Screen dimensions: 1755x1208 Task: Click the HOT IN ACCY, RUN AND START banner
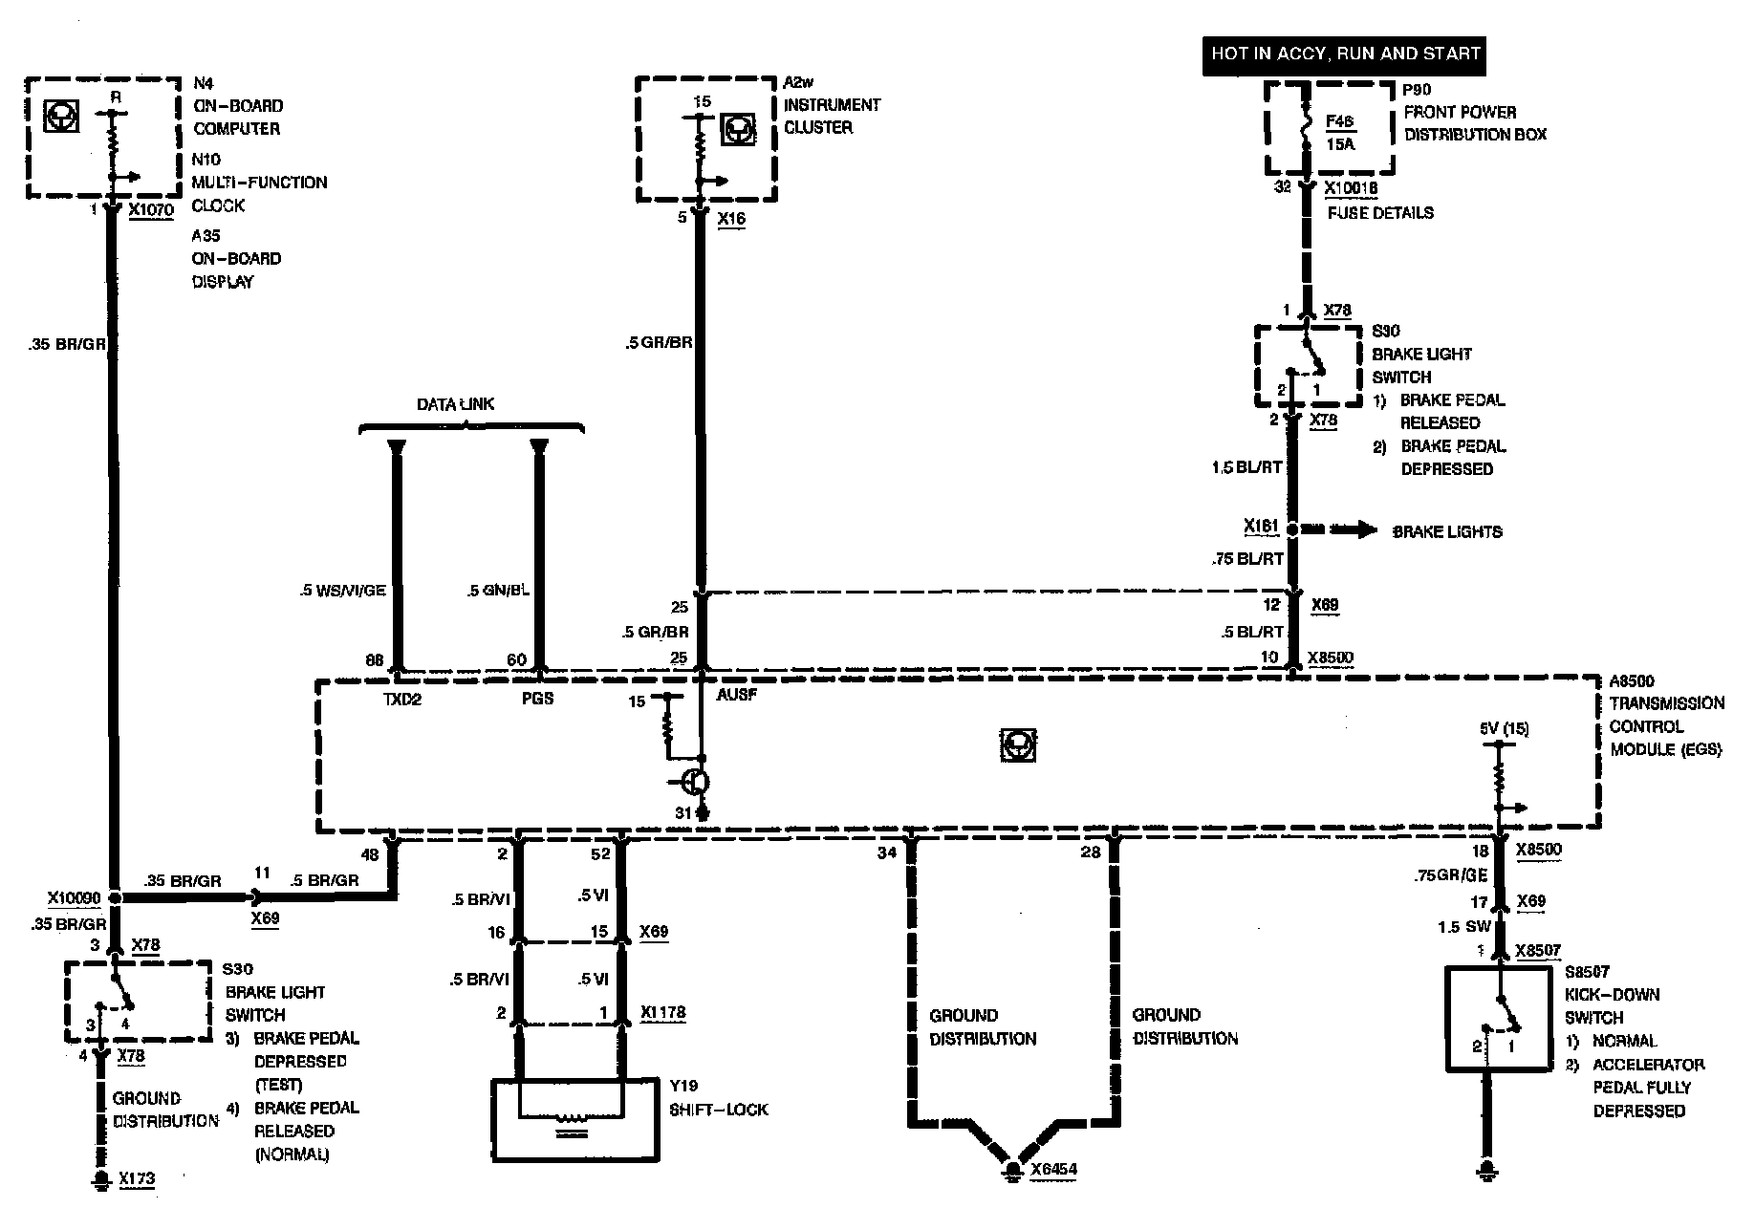click(x=1345, y=54)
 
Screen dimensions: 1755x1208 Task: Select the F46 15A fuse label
click(x=1340, y=133)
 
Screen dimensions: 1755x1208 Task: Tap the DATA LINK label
click(x=455, y=404)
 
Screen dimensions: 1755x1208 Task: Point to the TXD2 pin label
click(x=402, y=699)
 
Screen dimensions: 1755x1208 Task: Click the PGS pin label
click(x=537, y=699)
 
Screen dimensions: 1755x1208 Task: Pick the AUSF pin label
click(x=736, y=695)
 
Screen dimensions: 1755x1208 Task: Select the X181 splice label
click(x=1262, y=527)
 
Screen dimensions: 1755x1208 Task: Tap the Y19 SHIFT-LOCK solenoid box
click(x=574, y=1119)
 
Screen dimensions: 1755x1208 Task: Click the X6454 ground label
click(x=1054, y=1170)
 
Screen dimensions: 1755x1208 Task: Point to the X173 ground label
click(x=137, y=1179)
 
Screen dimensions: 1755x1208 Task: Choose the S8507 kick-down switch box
click(x=1498, y=1019)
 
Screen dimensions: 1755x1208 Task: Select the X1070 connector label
click(x=150, y=210)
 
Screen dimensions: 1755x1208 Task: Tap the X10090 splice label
click(x=74, y=898)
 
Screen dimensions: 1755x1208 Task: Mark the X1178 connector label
click(x=662, y=1013)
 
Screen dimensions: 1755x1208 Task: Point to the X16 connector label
click(x=731, y=219)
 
